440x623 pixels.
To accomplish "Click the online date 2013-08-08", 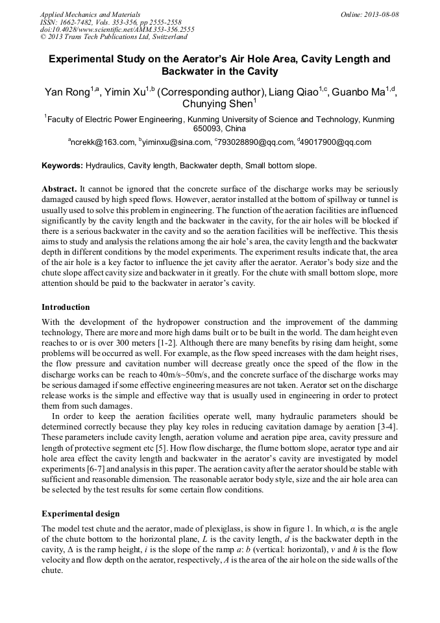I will click(380, 14).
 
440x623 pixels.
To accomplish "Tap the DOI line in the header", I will click(117, 30).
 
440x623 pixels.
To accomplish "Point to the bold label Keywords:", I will click(62, 166).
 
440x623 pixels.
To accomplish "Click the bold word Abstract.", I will click(60, 188).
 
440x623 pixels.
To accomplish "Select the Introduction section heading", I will click(66, 307).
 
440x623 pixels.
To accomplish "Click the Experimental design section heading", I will click(80, 513).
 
